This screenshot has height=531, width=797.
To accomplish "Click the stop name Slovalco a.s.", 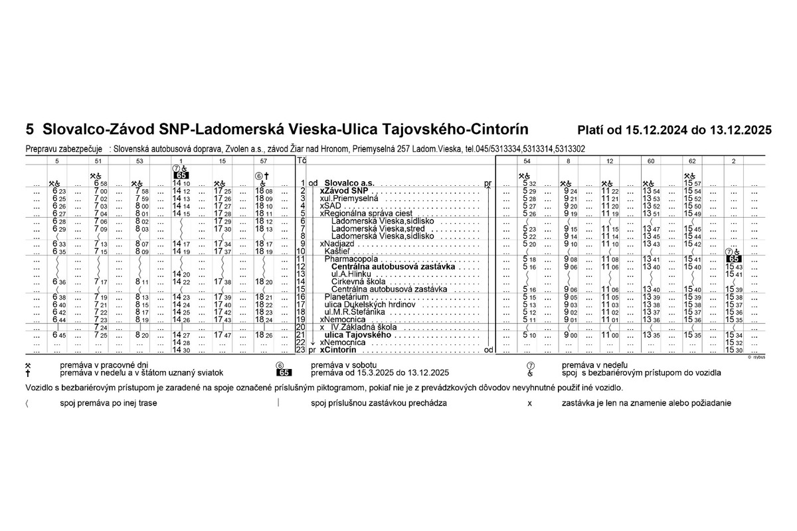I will (x=349, y=183).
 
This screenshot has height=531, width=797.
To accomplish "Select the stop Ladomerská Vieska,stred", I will (x=378, y=228).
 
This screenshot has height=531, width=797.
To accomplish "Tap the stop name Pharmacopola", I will (x=351, y=258).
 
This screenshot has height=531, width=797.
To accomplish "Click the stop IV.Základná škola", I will (x=364, y=327).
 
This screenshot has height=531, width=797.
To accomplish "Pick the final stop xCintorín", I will (x=338, y=350).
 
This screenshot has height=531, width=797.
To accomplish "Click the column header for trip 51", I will (x=99, y=161).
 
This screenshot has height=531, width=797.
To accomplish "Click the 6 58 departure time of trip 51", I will (x=100, y=183).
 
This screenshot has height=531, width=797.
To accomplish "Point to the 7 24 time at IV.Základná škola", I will (x=100, y=327).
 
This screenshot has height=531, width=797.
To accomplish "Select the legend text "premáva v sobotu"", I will (x=338, y=365).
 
